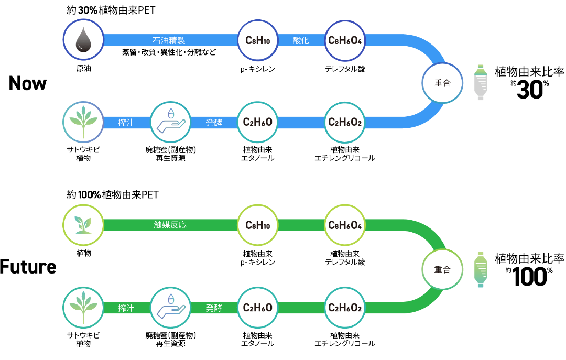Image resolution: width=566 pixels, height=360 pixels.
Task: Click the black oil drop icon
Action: point(83,40)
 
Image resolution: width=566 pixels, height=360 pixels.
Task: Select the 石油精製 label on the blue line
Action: point(169,40)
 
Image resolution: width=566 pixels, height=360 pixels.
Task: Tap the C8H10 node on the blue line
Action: point(257,40)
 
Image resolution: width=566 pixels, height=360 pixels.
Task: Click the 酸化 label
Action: point(301,40)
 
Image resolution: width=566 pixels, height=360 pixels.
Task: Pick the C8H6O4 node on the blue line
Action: point(344,40)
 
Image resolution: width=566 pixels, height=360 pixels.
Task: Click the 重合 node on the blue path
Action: point(442,83)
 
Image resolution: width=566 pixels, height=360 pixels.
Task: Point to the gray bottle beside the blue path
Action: point(481,82)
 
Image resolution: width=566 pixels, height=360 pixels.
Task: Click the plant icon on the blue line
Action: point(83,122)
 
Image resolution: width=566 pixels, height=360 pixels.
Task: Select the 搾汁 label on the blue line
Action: point(126,123)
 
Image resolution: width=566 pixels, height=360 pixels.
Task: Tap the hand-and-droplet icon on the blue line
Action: point(170,122)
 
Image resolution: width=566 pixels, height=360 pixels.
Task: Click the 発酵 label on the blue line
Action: point(214,123)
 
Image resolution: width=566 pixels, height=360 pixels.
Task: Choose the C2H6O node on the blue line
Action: point(257,122)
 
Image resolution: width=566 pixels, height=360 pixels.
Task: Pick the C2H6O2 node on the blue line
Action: point(344,122)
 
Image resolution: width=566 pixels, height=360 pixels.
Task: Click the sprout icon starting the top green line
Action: point(83,225)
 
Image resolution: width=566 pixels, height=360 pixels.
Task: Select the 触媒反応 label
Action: point(170,225)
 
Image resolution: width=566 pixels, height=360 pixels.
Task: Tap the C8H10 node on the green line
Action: point(257,225)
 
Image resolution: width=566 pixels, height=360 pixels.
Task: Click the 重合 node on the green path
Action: point(442,269)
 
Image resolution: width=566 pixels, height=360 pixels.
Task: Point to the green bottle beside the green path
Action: point(481,269)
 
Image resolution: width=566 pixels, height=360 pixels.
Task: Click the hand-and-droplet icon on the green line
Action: point(170,308)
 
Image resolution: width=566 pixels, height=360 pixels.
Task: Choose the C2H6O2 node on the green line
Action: point(344,308)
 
